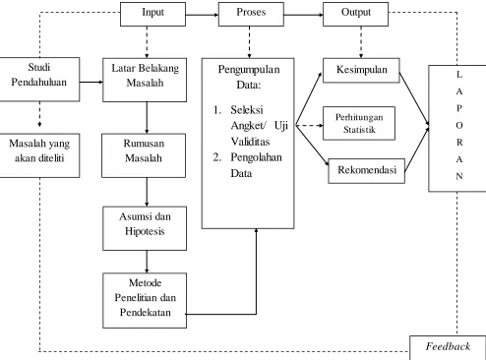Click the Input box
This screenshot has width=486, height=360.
[152, 14]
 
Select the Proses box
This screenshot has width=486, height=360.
[251, 14]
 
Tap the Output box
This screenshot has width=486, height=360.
[356, 14]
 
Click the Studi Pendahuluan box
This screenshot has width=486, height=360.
[39, 79]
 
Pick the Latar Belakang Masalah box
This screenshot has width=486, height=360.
[145, 80]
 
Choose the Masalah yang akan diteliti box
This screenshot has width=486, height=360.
[39, 155]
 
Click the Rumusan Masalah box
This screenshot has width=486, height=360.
[144, 155]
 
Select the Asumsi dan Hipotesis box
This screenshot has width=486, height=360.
[145, 228]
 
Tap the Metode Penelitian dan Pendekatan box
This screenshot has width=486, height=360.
[145, 300]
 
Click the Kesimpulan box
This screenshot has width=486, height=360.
[361, 70]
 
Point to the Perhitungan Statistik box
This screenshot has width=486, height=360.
[359, 123]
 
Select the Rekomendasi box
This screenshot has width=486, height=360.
[367, 171]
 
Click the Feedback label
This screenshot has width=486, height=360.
[448, 346]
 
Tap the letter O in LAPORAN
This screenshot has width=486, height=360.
[459, 125]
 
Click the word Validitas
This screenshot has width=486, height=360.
[250, 142]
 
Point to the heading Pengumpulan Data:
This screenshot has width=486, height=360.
[249, 77]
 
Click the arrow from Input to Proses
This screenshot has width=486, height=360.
[202, 15]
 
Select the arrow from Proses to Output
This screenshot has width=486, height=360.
[304, 15]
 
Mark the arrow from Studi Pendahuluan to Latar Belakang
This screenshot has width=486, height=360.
[91, 82]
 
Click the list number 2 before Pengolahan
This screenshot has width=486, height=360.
[216, 157]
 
